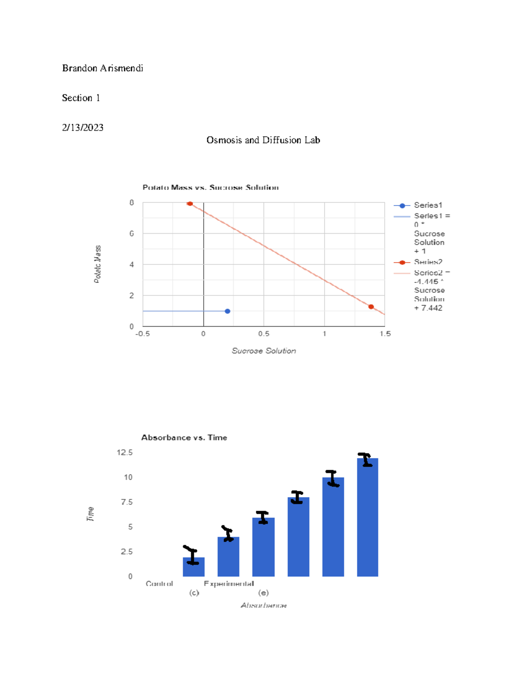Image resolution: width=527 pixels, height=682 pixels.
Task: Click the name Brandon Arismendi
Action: coord(102,68)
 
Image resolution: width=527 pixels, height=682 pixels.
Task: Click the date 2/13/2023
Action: coord(83,127)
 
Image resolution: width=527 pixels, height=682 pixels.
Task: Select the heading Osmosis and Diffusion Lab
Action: coord(263,140)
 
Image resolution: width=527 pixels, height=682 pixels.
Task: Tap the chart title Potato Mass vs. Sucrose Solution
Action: coord(210,188)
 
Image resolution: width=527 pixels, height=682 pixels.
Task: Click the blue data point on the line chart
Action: coord(227,311)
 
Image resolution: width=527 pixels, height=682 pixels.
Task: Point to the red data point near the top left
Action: coord(190,204)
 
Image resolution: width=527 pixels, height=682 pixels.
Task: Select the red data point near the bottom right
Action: coord(371,307)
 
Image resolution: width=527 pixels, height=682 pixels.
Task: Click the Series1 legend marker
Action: coord(402,206)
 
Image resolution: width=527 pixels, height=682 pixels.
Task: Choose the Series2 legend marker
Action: coord(402,263)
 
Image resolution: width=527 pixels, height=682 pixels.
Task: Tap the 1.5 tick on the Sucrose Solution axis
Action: coord(385,334)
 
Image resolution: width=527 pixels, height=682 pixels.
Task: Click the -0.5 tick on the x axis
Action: coord(142,334)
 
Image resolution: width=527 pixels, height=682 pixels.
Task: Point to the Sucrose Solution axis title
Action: coord(263,351)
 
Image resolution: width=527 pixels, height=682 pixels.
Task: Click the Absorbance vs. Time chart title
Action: coord(184,437)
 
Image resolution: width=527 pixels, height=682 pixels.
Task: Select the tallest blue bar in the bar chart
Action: coord(368,518)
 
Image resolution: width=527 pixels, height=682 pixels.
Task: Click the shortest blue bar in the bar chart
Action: coord(194,567)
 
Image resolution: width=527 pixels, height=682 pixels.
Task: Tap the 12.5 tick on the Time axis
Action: coord(125,452)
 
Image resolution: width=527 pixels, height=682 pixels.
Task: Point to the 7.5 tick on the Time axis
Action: coord(126,502)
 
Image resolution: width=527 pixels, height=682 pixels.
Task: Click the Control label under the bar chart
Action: coord(159,584)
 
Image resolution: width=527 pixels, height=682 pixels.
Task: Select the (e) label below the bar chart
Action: coord(263,593)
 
